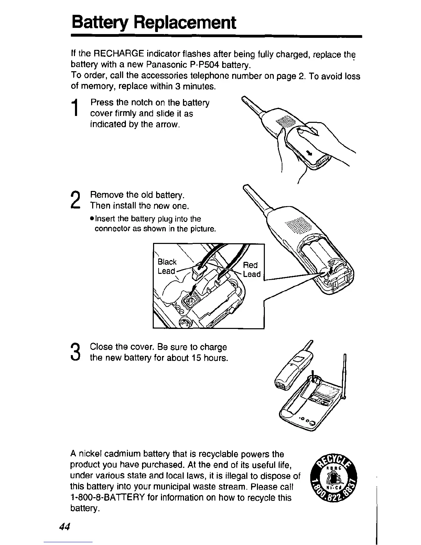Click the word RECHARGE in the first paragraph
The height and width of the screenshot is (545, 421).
pos(119,54)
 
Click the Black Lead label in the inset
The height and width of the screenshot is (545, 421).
pos(167,266)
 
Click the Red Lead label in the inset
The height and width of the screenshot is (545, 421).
pos(251,269)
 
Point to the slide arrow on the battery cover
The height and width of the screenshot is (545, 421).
pos(309,153)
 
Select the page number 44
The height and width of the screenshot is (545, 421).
pos(65,527)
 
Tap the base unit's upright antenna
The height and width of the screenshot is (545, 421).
pos(344,375)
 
